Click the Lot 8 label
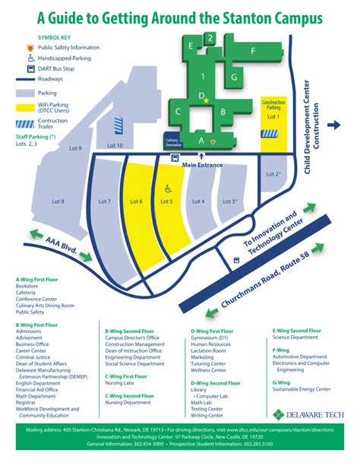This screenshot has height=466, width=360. [57, 201]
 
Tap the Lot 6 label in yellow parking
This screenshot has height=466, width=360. [137, 201]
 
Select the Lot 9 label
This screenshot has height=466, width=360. [75, 148]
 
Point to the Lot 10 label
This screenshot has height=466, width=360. [115, 145]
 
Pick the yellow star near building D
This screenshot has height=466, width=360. [207, 100]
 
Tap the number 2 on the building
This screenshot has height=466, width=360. [210, 37]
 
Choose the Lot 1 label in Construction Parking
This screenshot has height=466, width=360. [273, 117]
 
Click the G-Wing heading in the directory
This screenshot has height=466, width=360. [281, 382]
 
